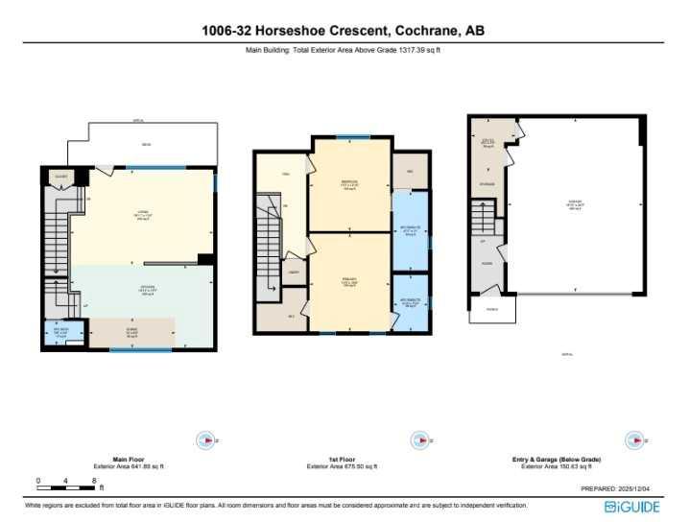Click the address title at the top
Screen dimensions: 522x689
344,32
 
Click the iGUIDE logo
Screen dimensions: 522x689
633,506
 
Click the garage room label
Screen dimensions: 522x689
576,203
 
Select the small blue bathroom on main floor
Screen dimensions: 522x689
59,333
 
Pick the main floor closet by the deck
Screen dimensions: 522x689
60,177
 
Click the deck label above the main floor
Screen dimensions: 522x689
146,146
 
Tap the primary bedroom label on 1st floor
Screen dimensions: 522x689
349,283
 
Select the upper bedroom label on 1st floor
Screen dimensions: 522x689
349,185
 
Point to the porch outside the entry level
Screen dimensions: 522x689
491,309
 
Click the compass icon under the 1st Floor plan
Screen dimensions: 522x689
418,440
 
